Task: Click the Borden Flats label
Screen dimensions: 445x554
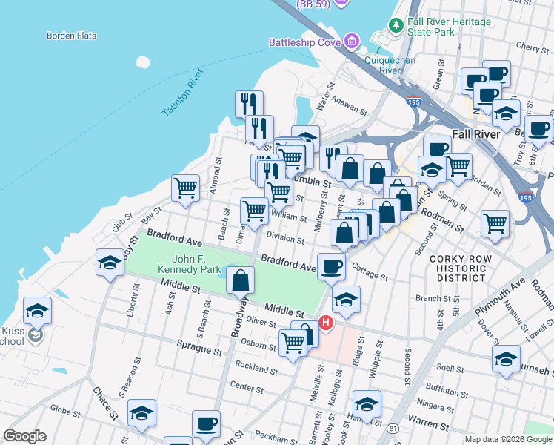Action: (70, 36)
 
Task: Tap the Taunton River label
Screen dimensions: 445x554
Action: (182, 93)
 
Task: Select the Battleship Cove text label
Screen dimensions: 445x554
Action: (304, 42)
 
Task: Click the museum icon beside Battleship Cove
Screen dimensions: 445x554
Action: (351, 41)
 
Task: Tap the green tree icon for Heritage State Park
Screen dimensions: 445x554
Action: (397, 26)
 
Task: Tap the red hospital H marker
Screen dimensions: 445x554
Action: (325, 323)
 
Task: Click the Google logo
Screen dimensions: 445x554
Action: (24, 436)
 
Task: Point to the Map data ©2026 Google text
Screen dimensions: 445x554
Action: (507, 439)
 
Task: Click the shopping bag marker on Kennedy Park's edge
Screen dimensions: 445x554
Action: (240, 280)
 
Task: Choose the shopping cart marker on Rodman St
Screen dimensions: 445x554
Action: (495, 222)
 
